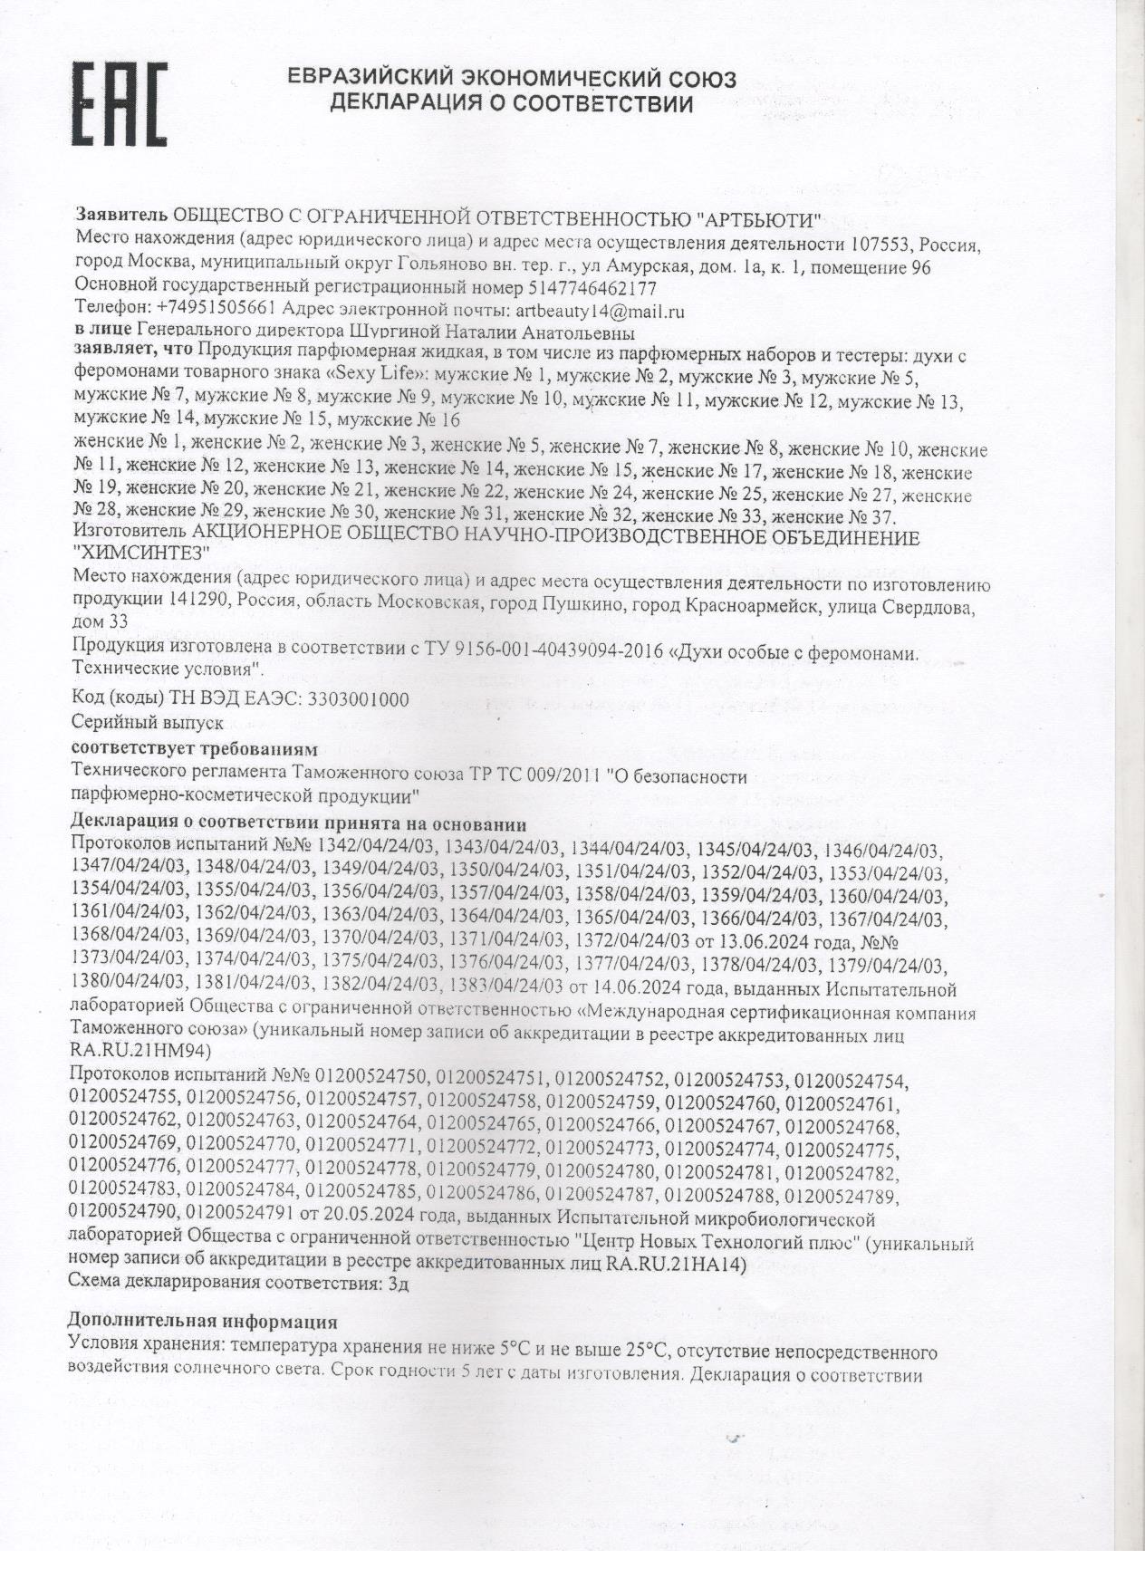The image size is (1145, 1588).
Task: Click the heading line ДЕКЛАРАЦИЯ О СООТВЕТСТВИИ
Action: [512, 104]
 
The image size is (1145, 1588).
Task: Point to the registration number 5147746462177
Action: [591, 289]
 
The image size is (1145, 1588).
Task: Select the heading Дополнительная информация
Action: [203, 1322]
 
